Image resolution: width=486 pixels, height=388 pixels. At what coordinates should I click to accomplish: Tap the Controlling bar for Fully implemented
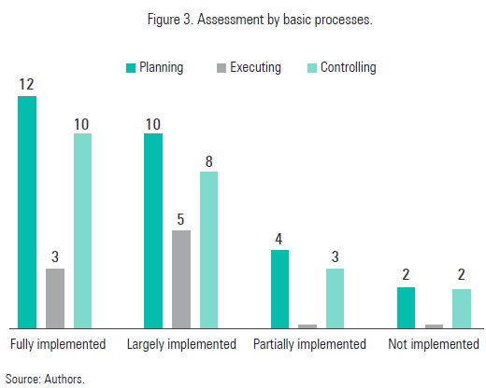83,230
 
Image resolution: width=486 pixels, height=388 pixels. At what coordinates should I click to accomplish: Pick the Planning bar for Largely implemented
153,230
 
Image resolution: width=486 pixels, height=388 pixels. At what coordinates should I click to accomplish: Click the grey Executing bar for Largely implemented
181,279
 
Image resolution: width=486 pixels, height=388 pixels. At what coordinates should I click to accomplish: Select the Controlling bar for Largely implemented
208,250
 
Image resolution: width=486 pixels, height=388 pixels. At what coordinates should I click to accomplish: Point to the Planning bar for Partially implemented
279,289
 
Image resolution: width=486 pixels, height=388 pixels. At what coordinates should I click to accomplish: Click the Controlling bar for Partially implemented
336,298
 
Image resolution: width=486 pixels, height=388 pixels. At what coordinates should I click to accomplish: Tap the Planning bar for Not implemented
406,308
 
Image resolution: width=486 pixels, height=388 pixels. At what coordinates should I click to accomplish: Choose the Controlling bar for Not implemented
462,309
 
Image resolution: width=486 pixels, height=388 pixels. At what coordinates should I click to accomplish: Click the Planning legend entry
155,67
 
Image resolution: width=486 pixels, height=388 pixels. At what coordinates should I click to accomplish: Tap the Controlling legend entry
343,67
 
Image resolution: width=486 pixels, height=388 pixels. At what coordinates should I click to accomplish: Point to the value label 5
181,219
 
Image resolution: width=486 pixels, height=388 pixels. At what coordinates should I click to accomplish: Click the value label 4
279,239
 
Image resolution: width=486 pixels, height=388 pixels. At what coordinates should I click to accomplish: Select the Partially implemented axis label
309,344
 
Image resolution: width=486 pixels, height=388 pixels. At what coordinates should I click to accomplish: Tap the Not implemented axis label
434,344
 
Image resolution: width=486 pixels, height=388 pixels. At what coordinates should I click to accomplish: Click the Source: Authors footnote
45,379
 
